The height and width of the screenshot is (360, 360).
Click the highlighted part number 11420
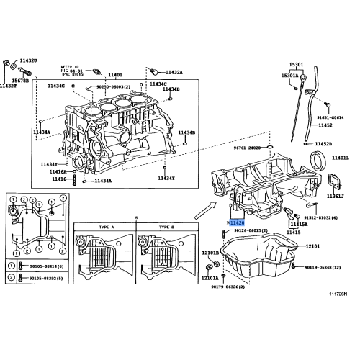tap(237, 223)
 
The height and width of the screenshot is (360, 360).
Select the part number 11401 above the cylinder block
tap(114, 75)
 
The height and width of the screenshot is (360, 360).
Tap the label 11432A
tap(174, 73)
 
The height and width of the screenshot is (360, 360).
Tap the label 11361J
tap(336, 195)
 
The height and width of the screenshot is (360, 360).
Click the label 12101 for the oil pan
tap(312, 246)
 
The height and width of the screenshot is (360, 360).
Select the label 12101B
tap(210, 253)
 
